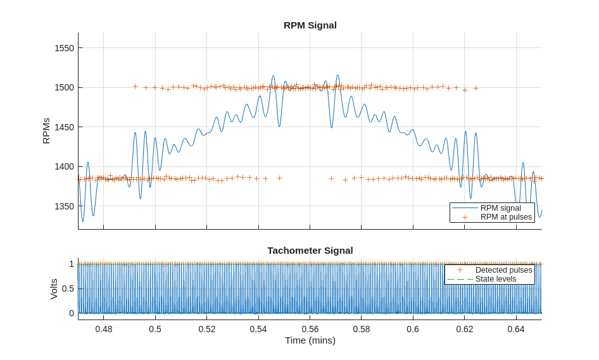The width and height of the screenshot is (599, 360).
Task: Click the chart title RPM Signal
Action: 310,25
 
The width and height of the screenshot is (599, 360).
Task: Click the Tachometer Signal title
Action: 310,251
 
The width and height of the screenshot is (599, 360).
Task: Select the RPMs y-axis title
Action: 46,131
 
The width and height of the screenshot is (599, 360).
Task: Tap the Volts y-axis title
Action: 54,289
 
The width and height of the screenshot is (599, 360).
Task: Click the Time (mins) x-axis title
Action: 310,340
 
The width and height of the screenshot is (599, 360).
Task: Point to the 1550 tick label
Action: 64,48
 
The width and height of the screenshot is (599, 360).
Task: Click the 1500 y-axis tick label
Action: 64,87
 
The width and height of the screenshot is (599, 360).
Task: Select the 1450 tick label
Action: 64,127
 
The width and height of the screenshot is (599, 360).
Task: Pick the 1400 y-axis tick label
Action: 64,166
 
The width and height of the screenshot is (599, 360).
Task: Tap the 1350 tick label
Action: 64,206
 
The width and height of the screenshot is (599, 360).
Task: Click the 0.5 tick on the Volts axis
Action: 67,289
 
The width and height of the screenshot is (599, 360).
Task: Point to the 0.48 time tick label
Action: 104,329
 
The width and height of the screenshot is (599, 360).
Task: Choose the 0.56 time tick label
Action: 310,329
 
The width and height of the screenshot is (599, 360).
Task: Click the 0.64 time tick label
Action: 516,329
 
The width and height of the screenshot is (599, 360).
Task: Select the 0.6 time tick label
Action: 413,329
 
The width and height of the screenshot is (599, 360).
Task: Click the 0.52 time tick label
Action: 207,329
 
